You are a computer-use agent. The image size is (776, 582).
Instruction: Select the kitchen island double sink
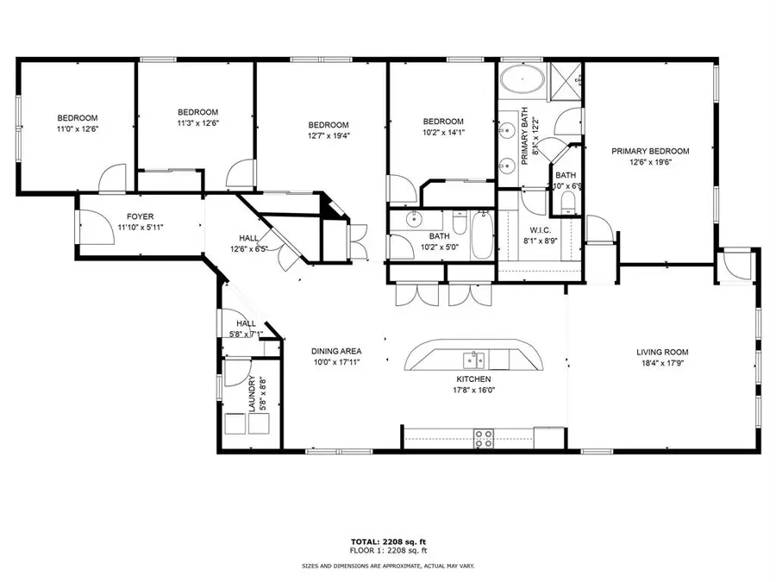[x=473, y=359]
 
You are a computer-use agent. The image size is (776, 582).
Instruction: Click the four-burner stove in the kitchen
[x=485, y=437]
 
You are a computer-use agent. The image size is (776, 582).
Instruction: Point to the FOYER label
[x=140, y=216]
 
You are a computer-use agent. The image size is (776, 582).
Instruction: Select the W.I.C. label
[x=541, y=229]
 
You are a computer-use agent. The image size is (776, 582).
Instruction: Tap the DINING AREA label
[x=336, y=351]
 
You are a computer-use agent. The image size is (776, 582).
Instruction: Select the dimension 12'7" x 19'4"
[x=329, y=135]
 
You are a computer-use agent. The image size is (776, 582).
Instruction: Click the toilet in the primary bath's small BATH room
[x=566, y=203]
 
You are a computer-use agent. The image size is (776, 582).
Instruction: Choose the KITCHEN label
[x=473, y=379]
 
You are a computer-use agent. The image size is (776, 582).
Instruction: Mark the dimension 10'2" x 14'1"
[x=443, y=133]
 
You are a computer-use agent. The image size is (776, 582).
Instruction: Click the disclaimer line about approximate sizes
[x=388, y=566]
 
